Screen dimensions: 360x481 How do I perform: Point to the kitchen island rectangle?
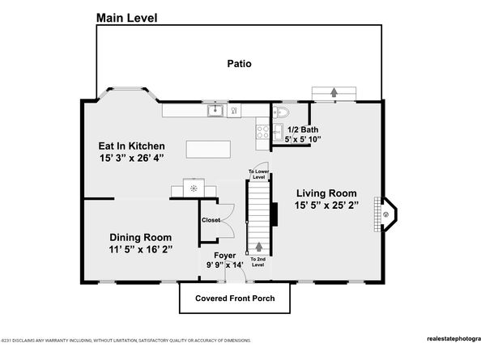point(208,150)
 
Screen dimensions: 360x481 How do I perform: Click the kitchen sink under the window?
point(215,111)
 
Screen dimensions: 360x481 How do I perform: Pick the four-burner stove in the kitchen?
point(262,131)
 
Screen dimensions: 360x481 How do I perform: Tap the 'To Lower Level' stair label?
point(258,175)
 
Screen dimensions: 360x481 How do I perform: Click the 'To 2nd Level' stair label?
point(258,261)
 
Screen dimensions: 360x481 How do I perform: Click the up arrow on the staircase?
point(259,247)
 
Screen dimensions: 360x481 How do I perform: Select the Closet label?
point(211,219)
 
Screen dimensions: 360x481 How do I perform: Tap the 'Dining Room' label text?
point(140,237)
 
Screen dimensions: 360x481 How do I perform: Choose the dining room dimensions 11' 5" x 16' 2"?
point(140,250)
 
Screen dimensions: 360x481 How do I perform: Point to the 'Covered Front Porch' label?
point(235,299)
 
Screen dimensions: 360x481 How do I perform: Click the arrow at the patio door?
point(333,94)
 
